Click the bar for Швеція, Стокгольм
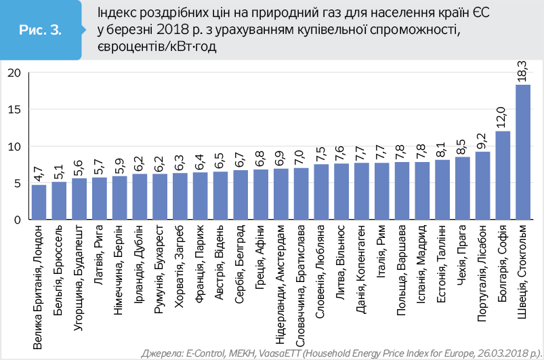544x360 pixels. pos(522,152)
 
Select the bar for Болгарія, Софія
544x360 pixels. pos(503,175)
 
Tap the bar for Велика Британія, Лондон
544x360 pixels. pos(39,202)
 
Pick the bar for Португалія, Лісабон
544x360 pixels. pos(482,185)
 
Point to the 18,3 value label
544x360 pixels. pos(522,71)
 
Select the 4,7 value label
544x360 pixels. pos(39,172)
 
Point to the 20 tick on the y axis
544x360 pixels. pos(15,73)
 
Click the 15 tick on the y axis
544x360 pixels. pos(15,110)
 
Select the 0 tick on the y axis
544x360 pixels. pos(18,220)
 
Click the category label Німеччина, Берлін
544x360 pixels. pos(120,271)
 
